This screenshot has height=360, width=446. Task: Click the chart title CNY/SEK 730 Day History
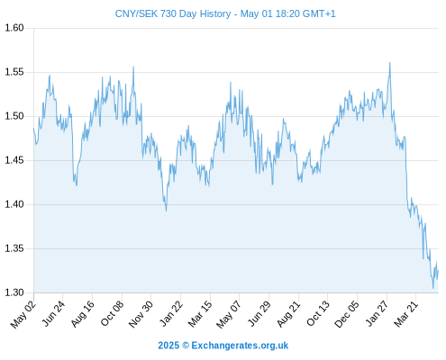[x=173, y=13]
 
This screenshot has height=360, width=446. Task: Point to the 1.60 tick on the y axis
[x=14, y=28]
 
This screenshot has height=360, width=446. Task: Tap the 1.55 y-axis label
[x=14, y=72]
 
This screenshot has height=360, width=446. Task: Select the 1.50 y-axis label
[x=14, y=116]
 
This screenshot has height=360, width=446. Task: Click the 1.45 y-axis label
[x=14, y=160]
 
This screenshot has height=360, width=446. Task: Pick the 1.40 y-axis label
[x=14, y=204]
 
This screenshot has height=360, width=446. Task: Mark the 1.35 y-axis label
[x=14, y=248]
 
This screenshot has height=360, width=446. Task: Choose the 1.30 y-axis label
[x=14, y=292]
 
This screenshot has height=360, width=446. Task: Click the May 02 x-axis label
[x=23, y=314]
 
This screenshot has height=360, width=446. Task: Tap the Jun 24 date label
[x=53, y=313]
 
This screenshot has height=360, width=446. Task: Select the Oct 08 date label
[x=112, y=313]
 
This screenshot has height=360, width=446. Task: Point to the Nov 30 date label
[x=141, y=314]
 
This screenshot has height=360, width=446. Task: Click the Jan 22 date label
[x=171, y=313]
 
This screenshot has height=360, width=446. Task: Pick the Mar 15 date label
[x=200, y=314]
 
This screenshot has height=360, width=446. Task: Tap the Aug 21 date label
[x=288, y=314]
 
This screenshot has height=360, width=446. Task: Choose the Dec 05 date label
[x=347, y=314]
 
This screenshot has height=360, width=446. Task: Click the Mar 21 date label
[x=406, y=314]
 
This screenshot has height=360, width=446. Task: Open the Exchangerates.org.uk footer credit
[x=240, y=346]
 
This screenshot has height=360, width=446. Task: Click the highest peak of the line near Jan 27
[x=390, y=62]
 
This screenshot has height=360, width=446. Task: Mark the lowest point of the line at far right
[x=433, y=288]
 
